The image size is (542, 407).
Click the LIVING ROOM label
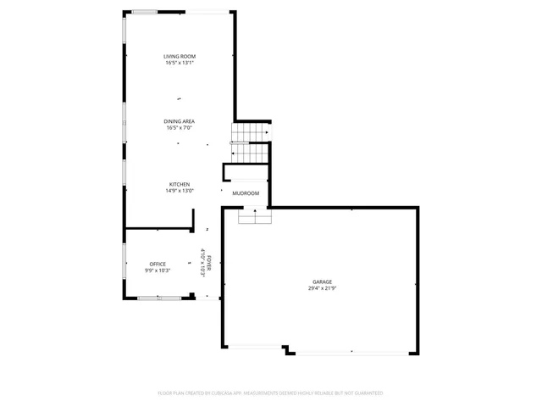click(x=180, y=57)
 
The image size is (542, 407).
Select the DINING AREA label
click(x=180, y=121)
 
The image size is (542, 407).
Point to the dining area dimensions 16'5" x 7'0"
click(x=180, y=128)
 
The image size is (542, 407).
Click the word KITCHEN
click(x=180, y=184)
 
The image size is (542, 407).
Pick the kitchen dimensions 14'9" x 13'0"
click(x=180, y=191)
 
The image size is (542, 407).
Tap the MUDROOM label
click(x=246, y=193)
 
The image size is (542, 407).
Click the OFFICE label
click(x=158, y=264)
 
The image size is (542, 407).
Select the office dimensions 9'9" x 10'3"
click(x=158, y=270)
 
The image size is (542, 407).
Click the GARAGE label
click(x=321, y=282)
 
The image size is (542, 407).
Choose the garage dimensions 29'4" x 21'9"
click(x=321, y=288)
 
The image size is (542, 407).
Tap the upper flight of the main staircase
click(x=250, y=133)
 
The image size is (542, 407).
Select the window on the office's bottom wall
click(x=158, y=298)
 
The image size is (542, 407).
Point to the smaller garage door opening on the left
click(x=254, y=347)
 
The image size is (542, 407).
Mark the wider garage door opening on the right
click(x=351, y=351)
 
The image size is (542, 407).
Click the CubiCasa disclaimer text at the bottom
click(x=270, y=393)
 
